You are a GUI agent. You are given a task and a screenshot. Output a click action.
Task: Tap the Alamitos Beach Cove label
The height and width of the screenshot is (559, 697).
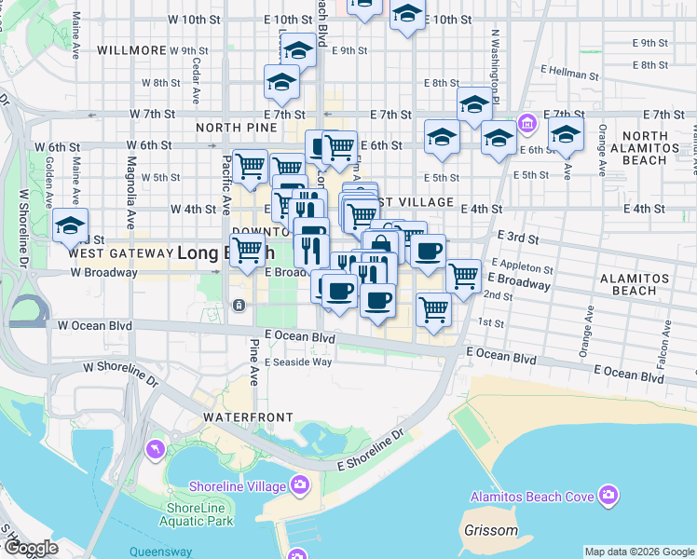[x=532, y=497]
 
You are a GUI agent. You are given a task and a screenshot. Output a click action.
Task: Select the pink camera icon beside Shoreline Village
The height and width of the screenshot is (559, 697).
[x=299, y=484]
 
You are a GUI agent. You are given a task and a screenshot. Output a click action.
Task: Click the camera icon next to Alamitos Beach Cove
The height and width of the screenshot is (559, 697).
[x=608, y=495]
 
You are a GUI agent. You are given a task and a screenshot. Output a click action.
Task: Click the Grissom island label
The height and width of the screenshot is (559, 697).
[x=490, y=531]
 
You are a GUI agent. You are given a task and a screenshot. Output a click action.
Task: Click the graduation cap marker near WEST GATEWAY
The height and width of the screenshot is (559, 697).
[x=70, y=225]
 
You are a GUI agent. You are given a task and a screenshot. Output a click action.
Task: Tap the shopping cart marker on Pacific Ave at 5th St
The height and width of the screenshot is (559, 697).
[x=250, y=168]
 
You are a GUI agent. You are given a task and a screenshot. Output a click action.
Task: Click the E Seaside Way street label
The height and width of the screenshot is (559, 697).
[x=298, y=362]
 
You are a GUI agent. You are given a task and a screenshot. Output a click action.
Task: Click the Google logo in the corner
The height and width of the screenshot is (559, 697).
[x=31, y=548]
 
